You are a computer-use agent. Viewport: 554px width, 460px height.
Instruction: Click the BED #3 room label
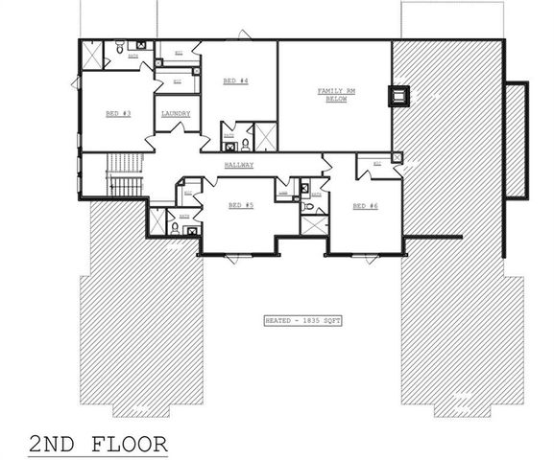click(118, 113)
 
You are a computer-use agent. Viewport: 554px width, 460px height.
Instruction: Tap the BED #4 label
click(237, 80)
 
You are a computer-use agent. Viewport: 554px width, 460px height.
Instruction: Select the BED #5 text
click(241, 205)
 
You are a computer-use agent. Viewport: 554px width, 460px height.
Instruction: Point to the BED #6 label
click(364, 205)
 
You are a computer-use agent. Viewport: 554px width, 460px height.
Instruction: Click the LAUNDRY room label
click(176, 113)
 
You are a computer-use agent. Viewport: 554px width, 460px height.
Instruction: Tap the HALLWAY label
click(240, 165)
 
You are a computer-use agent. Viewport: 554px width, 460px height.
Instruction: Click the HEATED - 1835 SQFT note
click(299, 320)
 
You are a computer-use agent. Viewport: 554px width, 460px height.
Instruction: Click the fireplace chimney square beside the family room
click(397, 94)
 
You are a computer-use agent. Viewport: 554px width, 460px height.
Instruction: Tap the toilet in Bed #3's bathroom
click(116, 47)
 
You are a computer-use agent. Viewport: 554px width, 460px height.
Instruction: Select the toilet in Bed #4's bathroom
click(246, 145)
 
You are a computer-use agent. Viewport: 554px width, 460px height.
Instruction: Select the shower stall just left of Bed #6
click(313, 226)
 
